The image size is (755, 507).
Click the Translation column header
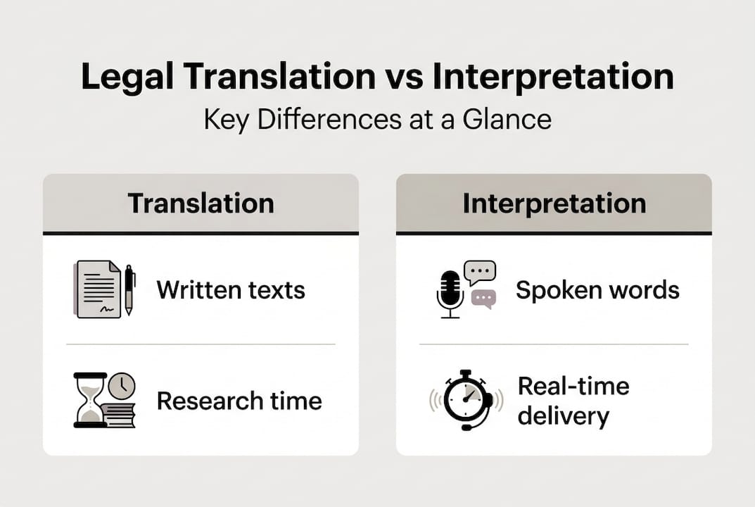201,204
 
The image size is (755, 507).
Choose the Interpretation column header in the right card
554,204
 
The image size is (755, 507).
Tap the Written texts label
231,290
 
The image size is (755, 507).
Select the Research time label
239,401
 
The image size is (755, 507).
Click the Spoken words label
597,290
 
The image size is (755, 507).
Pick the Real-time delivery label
573,401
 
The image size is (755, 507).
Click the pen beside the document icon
129,289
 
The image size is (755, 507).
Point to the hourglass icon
89,400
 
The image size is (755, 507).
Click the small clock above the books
122,385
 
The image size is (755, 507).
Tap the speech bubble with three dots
479,272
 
